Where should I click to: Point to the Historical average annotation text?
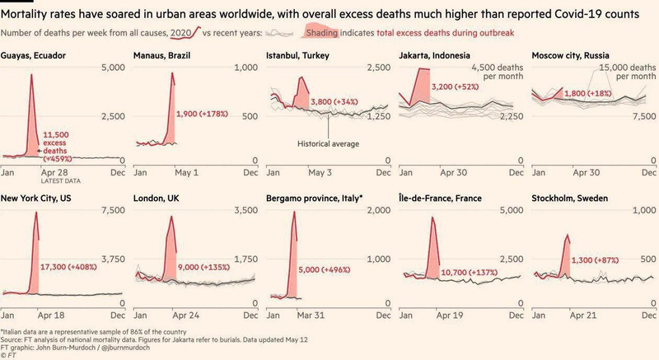(x=327, y=143)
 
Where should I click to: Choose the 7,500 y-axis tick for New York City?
(x=112, y=211)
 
